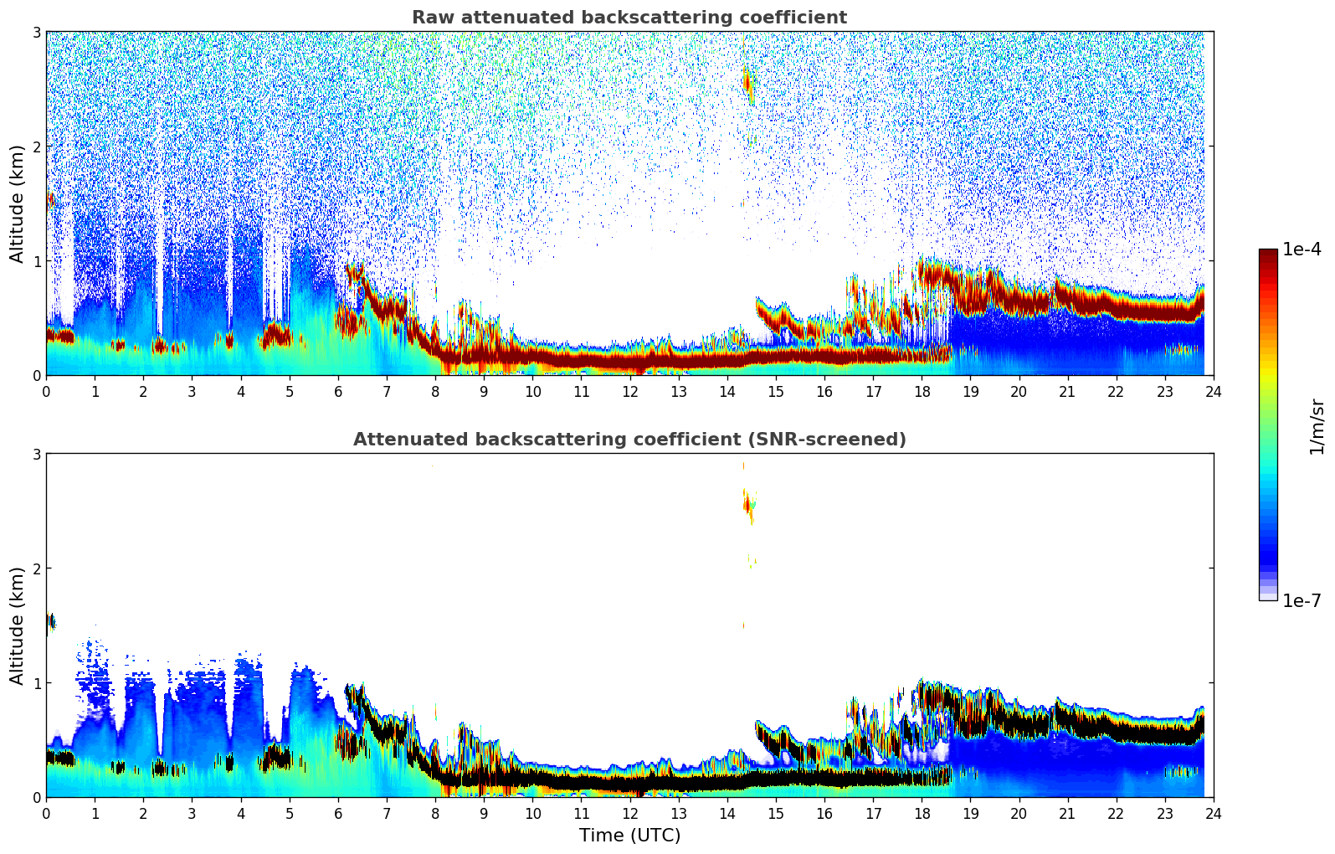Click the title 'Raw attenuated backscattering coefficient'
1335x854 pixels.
click(x=629, y=18)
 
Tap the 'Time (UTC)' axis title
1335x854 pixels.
click(x=629, y=836)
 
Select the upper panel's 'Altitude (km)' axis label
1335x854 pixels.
click(x=18, y=203)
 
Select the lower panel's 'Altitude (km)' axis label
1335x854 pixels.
click(x=18, y=625)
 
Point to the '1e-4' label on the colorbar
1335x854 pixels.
click(x=1302, y=250)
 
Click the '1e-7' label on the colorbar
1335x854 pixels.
click(x=1302, y=600)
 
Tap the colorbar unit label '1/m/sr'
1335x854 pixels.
click(x=1317, y=426)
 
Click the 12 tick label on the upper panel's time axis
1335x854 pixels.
click(x=629, y=392)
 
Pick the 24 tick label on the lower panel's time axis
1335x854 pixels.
click(x=1213, y=814)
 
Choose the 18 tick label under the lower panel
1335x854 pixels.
click(x=922, y=814)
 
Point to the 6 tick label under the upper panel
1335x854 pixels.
click(x=338, y=392)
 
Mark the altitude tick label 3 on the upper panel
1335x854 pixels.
click(x=37, y=32)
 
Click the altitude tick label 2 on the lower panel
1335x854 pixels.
click(x=37, y=568)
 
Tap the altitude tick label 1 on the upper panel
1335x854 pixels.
click(x=37, y=261)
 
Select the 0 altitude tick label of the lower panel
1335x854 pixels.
click(x=37, y=797)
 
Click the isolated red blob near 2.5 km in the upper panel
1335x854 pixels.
click(x=747, y=82)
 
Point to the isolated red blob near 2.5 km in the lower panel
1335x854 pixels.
click(x=747, y=504)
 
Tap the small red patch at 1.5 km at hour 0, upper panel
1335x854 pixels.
click(x=50, y=200)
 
